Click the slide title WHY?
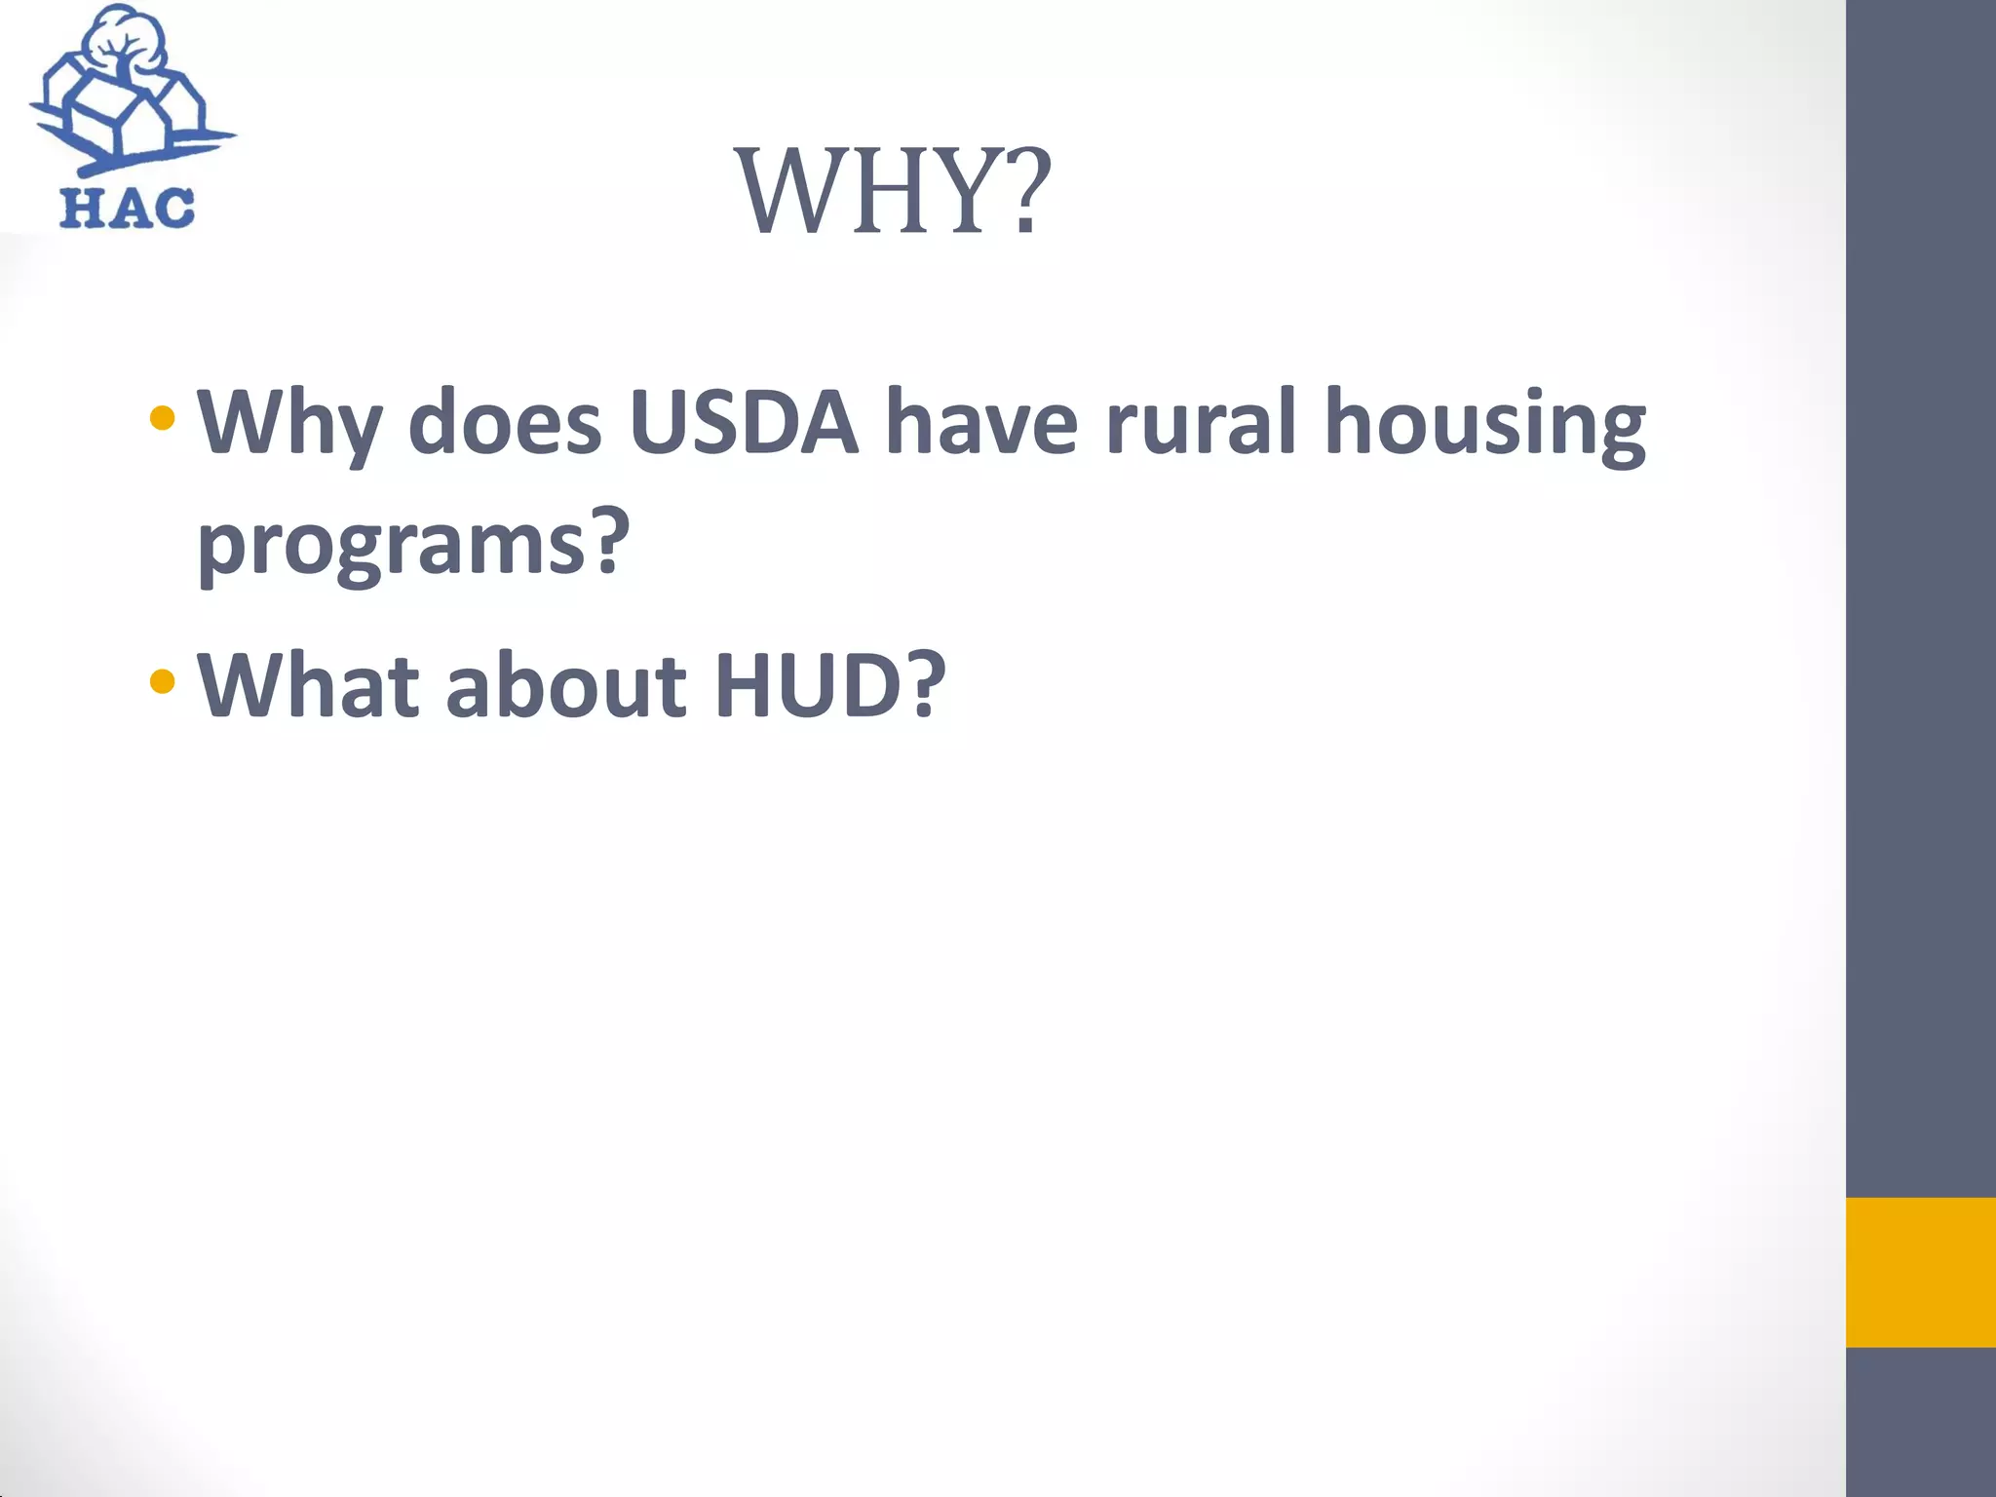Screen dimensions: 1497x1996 893,191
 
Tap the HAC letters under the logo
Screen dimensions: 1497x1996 127,209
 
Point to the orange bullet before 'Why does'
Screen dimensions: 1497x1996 163,419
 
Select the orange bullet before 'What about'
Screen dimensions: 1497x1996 163,680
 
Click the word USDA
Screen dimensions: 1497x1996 743,422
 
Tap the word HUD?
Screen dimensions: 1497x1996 829,684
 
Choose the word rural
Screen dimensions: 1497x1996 1201,422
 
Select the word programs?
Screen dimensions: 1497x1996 413,542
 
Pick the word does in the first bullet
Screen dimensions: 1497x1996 504,422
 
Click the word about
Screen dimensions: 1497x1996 566,684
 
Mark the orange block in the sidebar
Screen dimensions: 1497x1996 1920,1272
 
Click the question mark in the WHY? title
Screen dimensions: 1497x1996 1025,191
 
